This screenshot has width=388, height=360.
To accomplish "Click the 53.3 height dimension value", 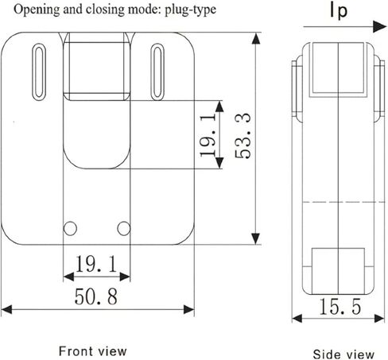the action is (x=242, y=136).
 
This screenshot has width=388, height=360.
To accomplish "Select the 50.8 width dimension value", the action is (x=96, y=296).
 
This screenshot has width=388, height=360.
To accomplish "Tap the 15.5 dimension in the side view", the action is (x=340, y=307).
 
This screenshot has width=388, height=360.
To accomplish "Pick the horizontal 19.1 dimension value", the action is (x=96, y=264).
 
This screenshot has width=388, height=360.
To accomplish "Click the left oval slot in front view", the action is (x=39, y=72).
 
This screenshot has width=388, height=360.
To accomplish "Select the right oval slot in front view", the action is (x=157, y=72).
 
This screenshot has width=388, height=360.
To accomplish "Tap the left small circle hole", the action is (x=70, y=228).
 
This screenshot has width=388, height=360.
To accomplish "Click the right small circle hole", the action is (x=124, y=228).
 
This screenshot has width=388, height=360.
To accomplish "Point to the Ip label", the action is (x=339, y=11).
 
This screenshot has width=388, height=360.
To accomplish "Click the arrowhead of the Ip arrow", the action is (x=379, y=26).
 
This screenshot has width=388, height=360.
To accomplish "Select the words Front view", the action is (x=92, y=351).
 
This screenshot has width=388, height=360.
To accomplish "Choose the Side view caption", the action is (x=343, y=354).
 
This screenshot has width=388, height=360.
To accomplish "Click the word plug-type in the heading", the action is (x=190, y=10).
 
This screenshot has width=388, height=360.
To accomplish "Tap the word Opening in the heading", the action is (x=37, y=10).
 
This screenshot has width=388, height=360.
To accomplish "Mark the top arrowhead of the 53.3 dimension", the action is (x=256, y=39).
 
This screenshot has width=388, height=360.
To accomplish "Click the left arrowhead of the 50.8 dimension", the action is (x=6, y=309).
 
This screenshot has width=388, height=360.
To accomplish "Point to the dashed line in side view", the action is (x=343, y=202).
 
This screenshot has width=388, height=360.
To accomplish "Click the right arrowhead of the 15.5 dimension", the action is (x=379, y=318).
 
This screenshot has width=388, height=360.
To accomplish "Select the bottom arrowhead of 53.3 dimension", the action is (x=256, y=238).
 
